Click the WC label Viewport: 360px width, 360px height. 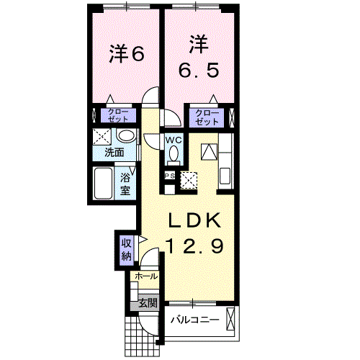point(174,140)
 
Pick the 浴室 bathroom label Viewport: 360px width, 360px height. point(125,184)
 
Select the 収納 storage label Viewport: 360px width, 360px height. point(125,248)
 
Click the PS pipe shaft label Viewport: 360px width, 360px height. point(170,175)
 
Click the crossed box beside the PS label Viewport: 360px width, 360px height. point(189,179)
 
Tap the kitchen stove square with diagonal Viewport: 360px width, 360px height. point(209,152)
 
